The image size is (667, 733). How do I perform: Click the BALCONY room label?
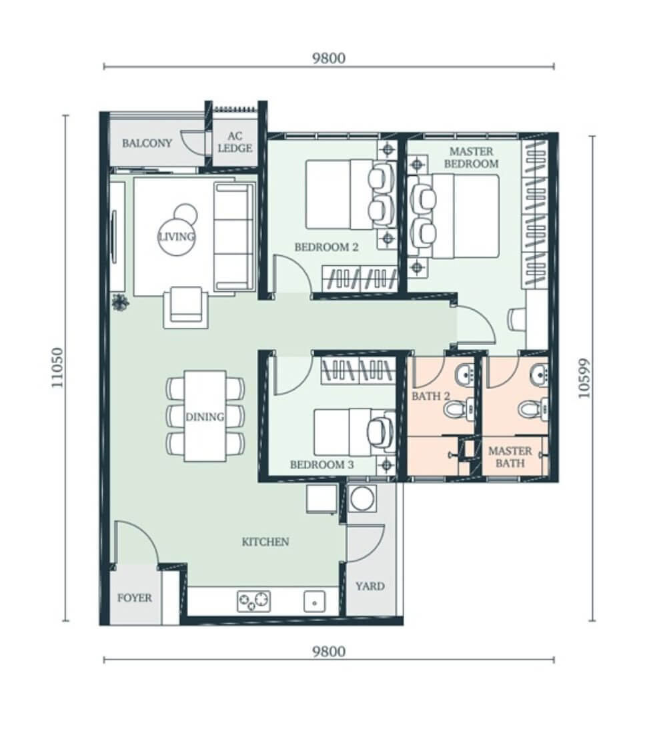click(x=147, y=143)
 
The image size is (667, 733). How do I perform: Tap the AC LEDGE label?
click(x=235, y=142)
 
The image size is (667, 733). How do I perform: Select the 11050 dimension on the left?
click(x=57, y=367)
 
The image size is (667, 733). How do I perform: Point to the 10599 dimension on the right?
click(x=584, y=378)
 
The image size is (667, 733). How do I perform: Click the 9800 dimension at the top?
click(x=329, y=59)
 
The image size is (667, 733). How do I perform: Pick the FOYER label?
click(x=134, y=598)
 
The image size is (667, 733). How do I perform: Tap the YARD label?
click(x=370, y=586)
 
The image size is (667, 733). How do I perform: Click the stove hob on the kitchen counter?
click(x=254, y=601)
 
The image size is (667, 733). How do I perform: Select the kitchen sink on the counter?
click(x=315, y=602)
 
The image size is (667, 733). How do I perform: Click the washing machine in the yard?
click(x=362, y=498)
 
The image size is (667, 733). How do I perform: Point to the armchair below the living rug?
click(x=186, y=307)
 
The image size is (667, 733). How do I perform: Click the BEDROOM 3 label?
click(x=322, y=464)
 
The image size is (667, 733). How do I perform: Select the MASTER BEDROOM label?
click(x=472, y=157)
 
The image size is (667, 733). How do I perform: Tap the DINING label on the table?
click(x=205, y=416)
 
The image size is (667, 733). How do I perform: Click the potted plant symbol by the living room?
click(x=120, y=302)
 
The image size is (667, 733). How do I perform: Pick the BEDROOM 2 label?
click(x=326, y=247)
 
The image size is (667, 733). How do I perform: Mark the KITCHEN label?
click(x=265, y=542)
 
